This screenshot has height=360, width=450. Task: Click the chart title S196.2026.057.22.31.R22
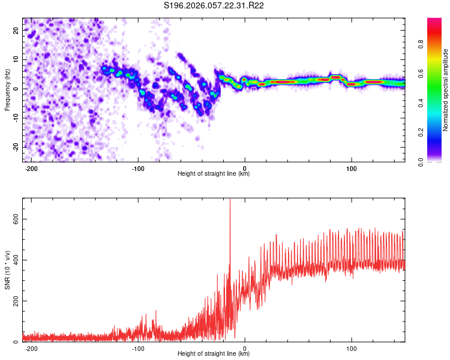[x=214, y=6]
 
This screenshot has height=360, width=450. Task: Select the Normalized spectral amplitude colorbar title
[x=446, y=90]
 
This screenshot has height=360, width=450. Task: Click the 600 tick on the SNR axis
[x=16, y=220]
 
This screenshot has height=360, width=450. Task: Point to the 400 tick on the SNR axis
[x=16, y=260]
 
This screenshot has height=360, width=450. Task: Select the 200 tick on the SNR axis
[x=16, y=301]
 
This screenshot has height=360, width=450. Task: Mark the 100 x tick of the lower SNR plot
[x=352, y=347]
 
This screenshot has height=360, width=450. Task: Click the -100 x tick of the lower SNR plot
[x=139, y=347]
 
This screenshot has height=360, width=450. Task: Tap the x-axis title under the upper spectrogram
[x=214, y=174]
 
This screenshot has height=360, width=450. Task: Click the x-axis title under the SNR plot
[x=214, y=354]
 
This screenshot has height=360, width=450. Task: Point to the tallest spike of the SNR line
[x=230, y=200]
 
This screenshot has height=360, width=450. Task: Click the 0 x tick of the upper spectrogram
[x=245, y=167]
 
